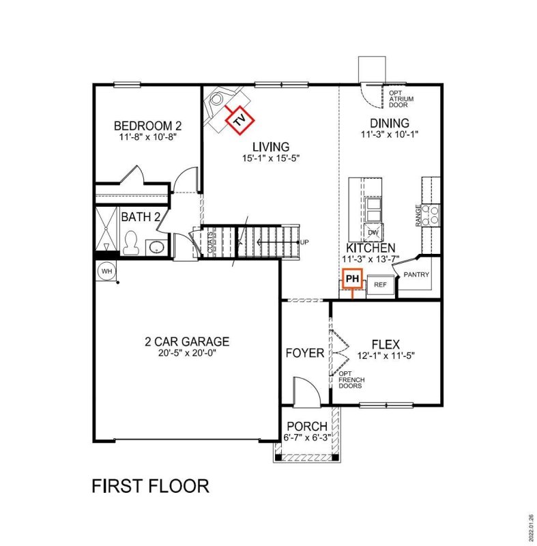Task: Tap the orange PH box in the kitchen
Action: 352,279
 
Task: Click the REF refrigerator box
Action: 380,284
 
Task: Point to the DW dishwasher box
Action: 373,232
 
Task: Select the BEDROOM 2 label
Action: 147,126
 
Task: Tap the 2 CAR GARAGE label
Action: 186,341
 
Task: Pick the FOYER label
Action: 304,353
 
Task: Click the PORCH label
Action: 306,427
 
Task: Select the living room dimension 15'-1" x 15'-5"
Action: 270,158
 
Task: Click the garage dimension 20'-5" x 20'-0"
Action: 186,354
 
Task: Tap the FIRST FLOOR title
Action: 150,486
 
